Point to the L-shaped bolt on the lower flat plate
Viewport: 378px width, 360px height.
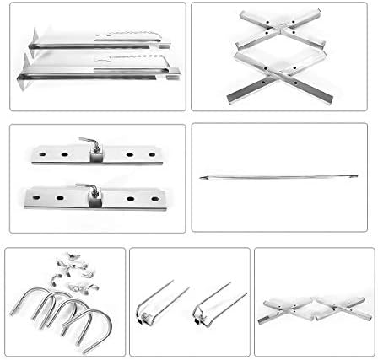point(89,190)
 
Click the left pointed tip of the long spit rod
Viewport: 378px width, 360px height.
point(202,177)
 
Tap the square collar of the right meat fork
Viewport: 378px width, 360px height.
point(201,319)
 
